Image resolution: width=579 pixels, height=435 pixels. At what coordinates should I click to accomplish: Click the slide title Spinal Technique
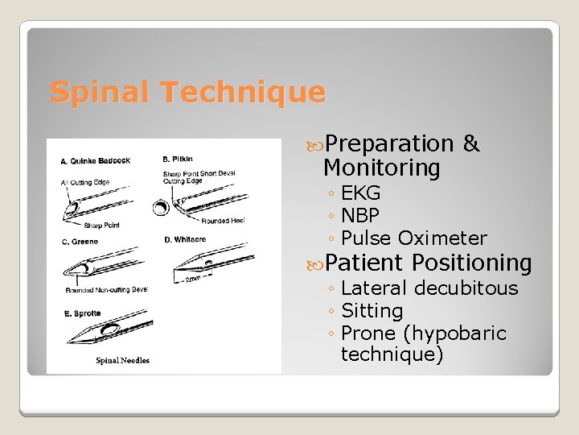[x=187, y=92]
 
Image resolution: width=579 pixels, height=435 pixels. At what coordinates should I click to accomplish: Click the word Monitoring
[x=381, y=168]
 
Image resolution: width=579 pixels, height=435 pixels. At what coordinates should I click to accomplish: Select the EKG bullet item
[x=360, y=193]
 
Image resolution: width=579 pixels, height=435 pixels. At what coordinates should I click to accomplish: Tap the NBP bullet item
[x=359, y=216]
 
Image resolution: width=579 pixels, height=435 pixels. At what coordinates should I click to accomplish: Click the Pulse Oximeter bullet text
[x=413, y=238]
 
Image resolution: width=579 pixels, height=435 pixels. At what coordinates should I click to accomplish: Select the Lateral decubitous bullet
[x=429, y=288]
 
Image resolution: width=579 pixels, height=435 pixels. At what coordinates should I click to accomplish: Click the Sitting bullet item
[x=372, y=310]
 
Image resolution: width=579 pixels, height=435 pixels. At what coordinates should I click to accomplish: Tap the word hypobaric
[x=455, y=333]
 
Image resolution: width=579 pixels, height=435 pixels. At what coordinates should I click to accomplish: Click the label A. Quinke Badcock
[x=95, y=161]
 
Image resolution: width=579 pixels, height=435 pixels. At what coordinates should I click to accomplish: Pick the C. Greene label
[x=80, y=241]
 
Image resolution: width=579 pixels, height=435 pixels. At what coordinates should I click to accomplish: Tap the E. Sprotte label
[x=82, y=313]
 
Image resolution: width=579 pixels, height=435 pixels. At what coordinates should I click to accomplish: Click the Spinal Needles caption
[x=122, y=360]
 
